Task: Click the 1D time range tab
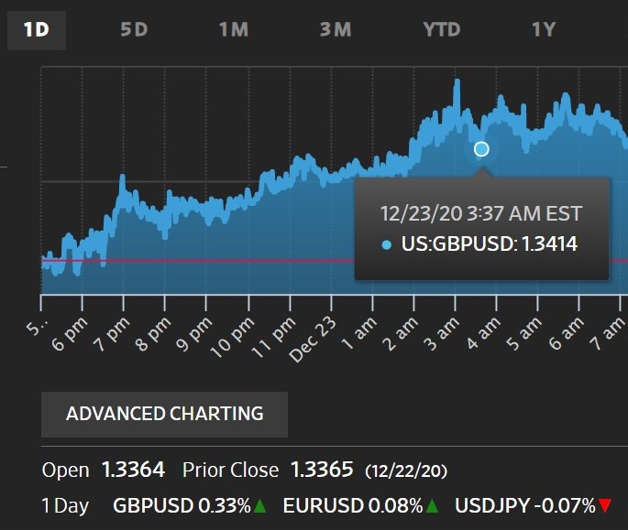pos(37,28)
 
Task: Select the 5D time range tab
pos(134,29)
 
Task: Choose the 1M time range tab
pos(234,29)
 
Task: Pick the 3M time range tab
pos(336,29)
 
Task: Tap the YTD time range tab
pos(441,29)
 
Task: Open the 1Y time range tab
pos(545,29)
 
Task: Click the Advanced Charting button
pos(165,414)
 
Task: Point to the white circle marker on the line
pos(481,148)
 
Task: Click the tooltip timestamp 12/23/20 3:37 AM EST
pos(481,213)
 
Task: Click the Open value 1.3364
pos(133,471)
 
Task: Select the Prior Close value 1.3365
pos(321,471)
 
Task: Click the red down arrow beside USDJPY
pos(604,505)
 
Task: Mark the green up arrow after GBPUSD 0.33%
pos(260,505)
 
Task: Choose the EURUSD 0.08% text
pos(353,504)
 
